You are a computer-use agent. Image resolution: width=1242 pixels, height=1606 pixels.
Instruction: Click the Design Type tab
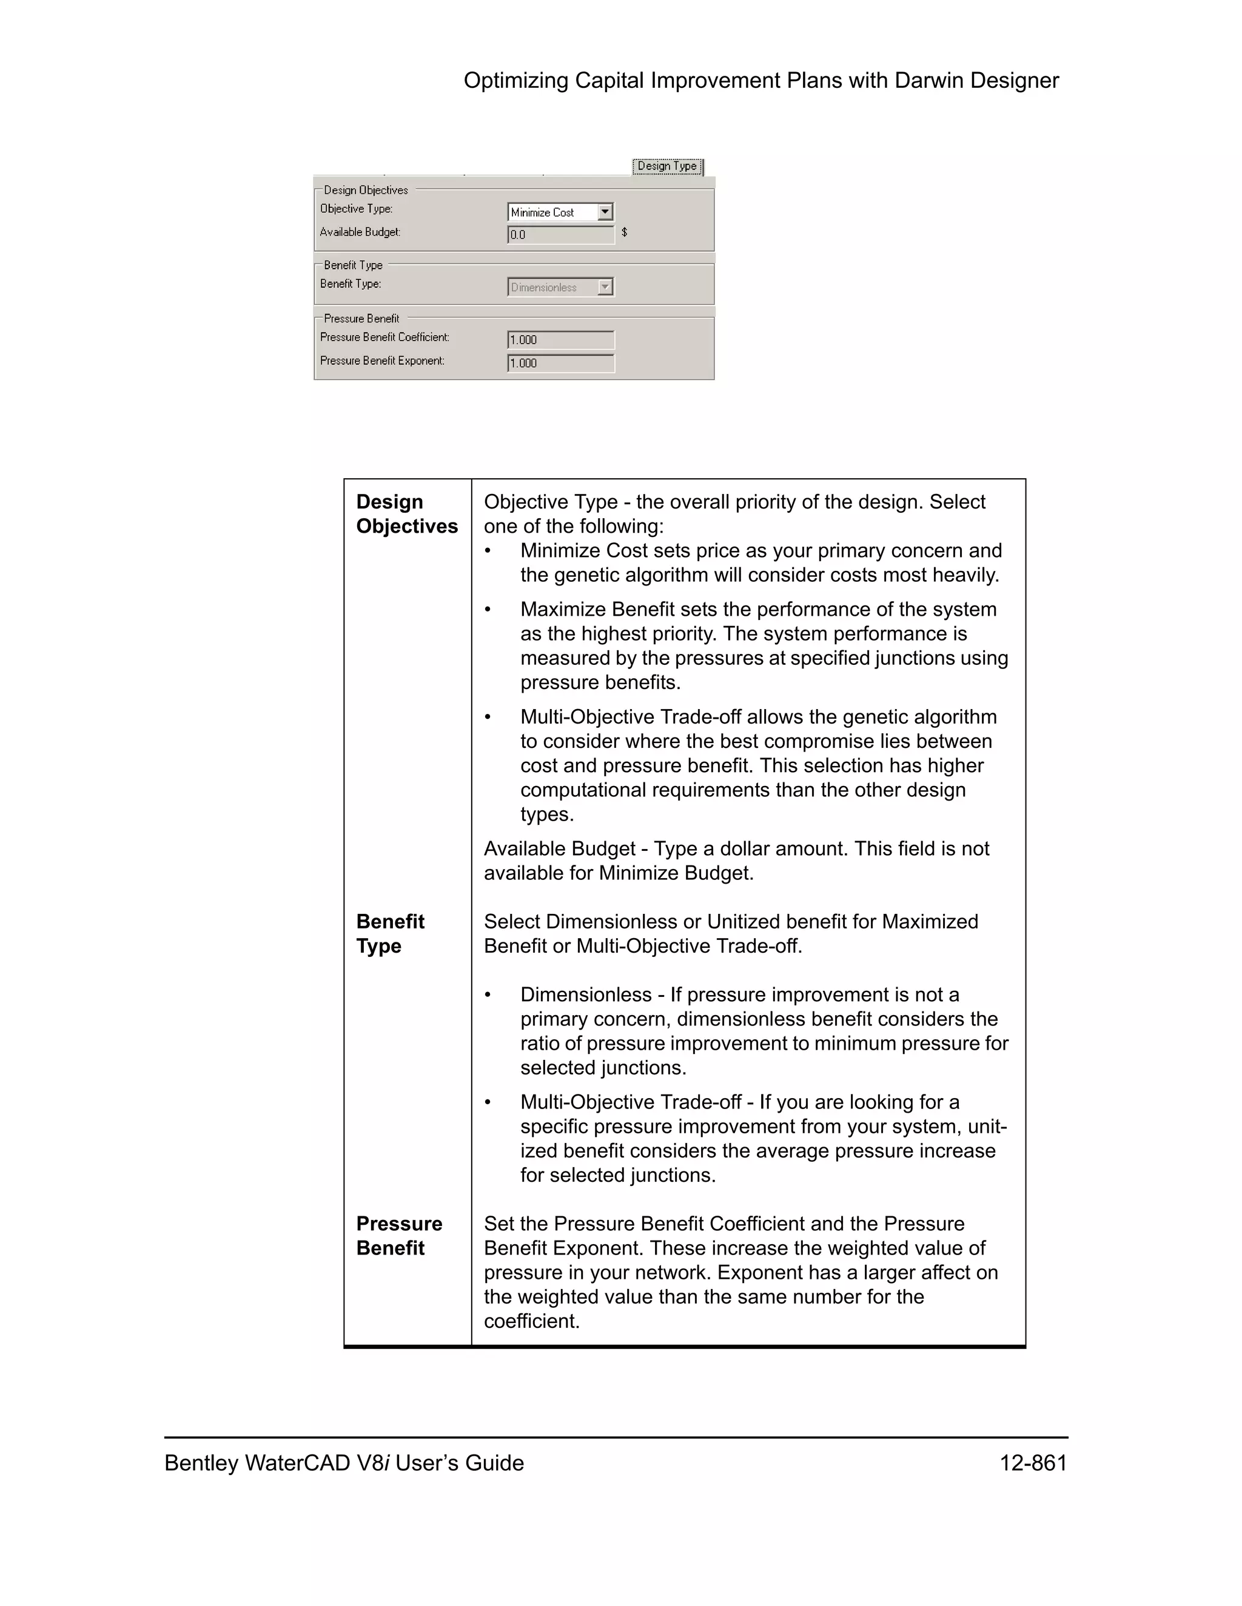(666, 166)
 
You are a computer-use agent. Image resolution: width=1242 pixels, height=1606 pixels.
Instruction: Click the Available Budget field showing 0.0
(560, 235)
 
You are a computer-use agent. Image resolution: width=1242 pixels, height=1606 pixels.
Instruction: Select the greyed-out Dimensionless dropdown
(560, 287)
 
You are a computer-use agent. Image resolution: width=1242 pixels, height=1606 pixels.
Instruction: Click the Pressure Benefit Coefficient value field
(560, 340)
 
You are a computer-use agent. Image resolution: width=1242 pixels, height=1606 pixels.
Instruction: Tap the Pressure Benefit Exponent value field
(560, 363)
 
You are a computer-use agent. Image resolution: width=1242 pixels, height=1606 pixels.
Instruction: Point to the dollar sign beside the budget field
(625, 232)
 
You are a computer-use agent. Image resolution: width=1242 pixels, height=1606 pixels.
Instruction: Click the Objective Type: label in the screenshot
(356, 209)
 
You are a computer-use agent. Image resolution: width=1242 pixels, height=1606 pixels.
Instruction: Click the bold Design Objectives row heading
(406, 514)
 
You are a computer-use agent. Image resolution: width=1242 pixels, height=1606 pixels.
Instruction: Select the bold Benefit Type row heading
(390, 934)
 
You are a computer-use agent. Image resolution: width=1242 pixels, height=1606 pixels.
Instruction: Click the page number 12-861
(1032, 1464)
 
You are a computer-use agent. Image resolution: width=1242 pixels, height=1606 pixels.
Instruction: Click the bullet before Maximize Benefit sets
(487, 610)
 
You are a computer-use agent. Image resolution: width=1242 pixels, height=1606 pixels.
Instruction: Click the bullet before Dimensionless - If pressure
(487, 996)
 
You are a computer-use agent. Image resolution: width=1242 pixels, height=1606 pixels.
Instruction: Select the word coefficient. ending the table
(531, 1321)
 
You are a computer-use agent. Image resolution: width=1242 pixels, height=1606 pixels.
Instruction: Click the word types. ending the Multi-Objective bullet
(546, 815)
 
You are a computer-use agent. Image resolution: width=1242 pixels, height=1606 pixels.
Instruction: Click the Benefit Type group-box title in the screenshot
(353, 265)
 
